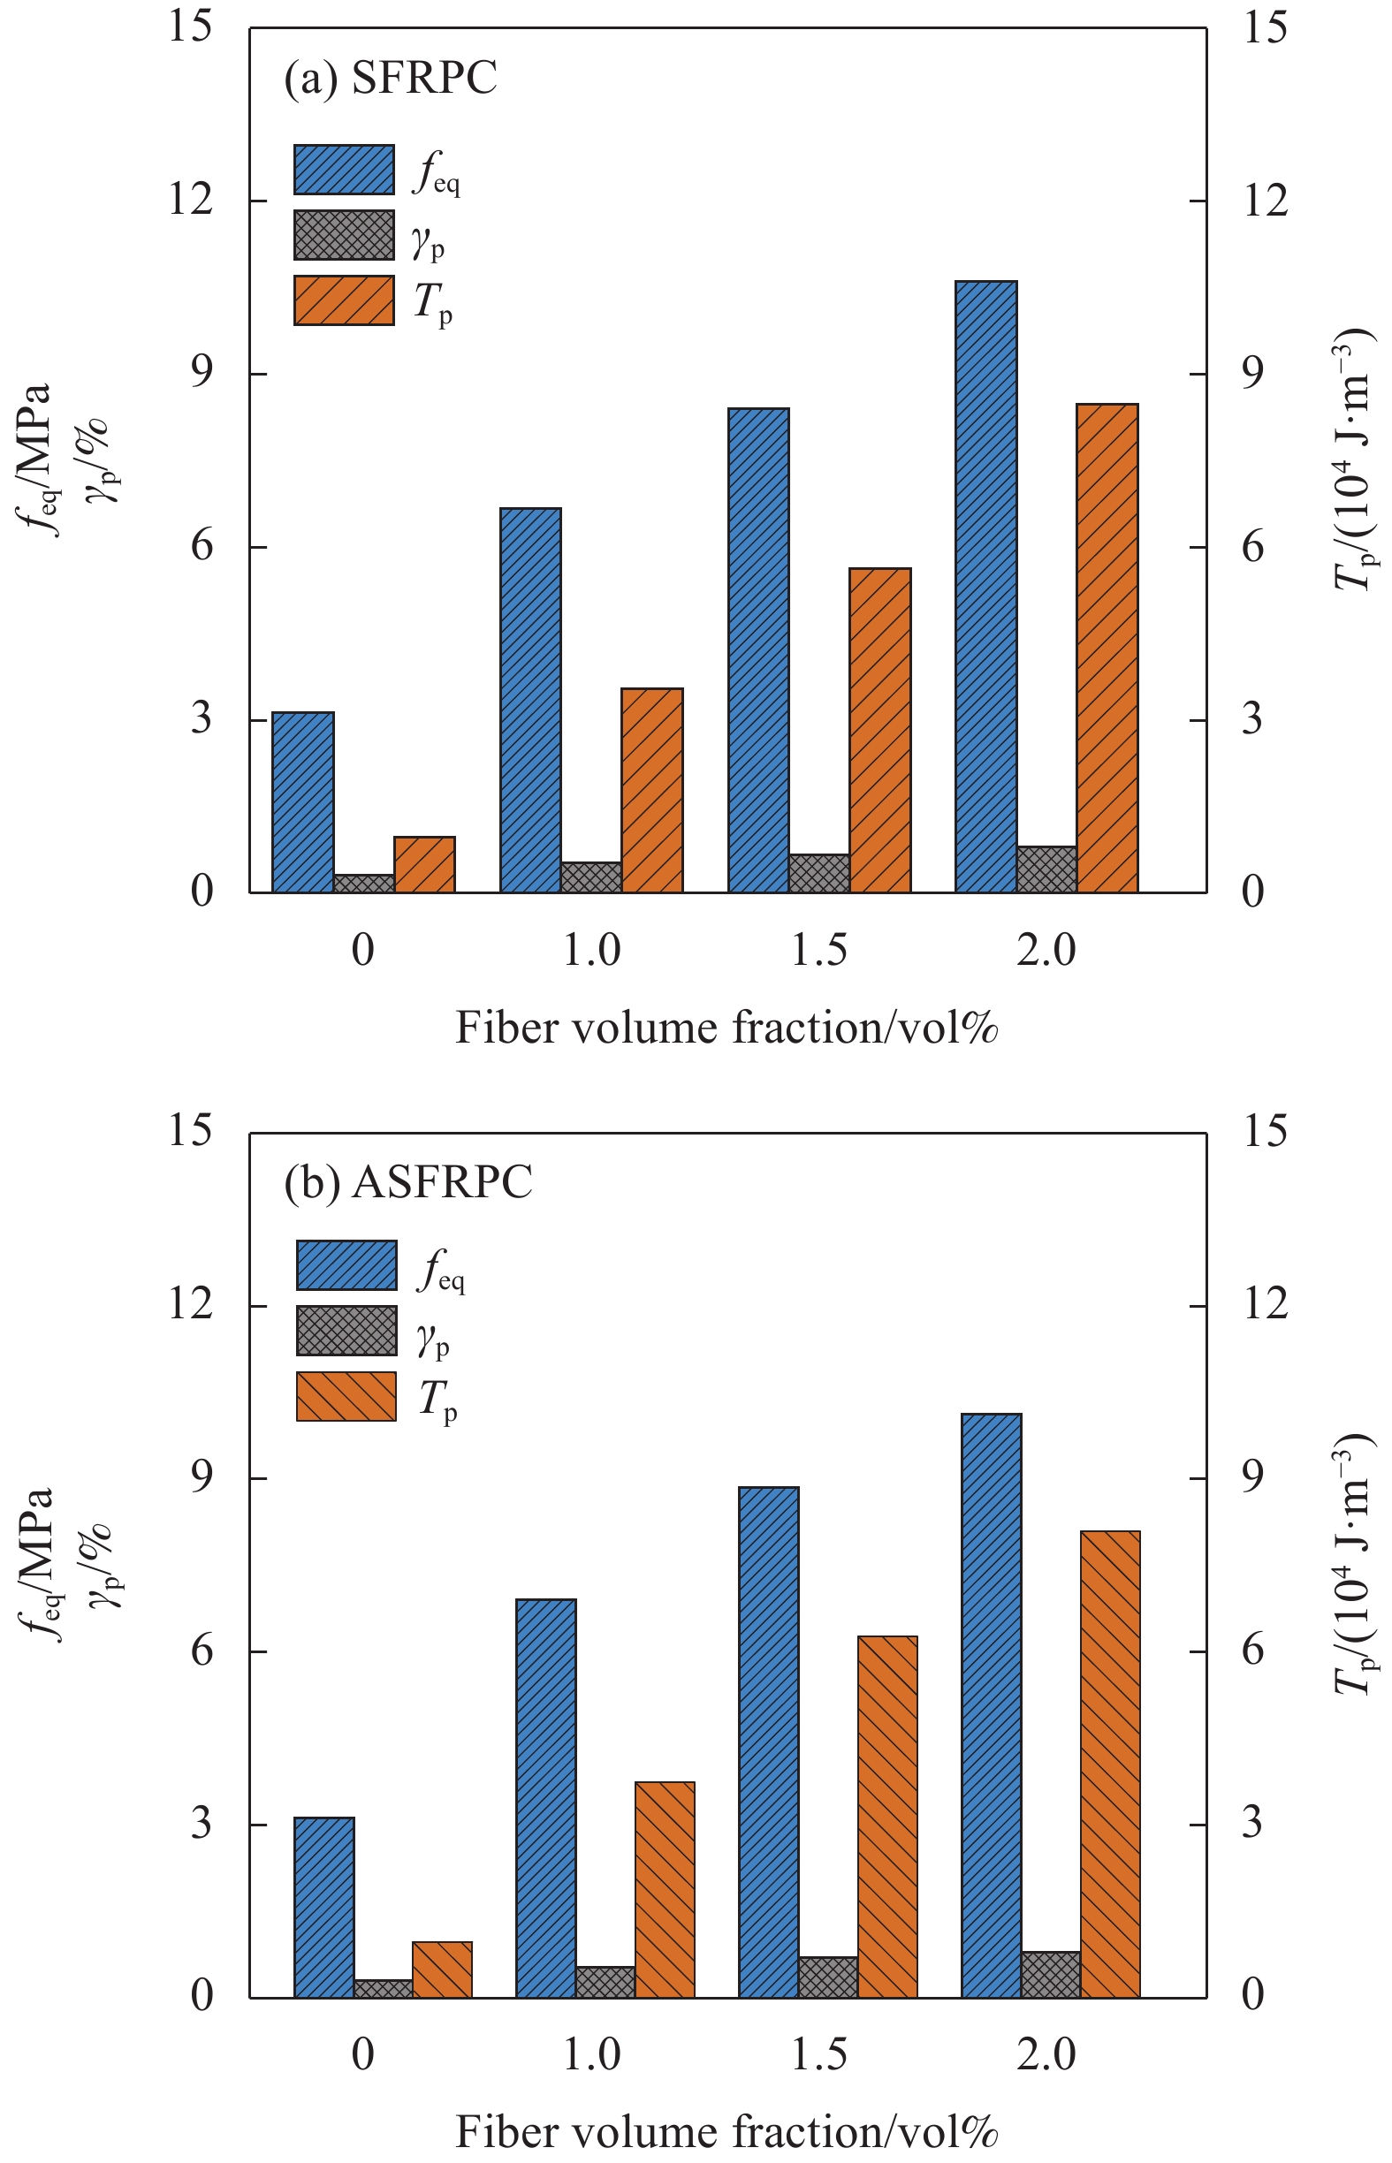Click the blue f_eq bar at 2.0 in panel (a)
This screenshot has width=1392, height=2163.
tap(986, 588)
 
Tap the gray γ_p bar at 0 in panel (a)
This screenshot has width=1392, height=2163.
tap(364, 884)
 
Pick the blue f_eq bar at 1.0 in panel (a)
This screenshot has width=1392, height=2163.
tap(530, 700)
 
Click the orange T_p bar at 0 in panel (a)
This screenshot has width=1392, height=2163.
tap(425, 865)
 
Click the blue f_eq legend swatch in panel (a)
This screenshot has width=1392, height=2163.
tap(345, 170)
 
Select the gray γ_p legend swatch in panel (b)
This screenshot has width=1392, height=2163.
tap(347, 1330)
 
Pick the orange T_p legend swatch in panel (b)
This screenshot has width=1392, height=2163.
tap(347, 1396)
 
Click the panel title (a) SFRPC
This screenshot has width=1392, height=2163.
tap(391, 78)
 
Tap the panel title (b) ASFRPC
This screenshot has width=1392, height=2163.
tap(408, 1182)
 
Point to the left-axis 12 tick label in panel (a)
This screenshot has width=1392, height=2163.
tap(191, 200)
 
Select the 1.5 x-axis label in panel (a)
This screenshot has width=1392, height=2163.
tap(819, 951)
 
